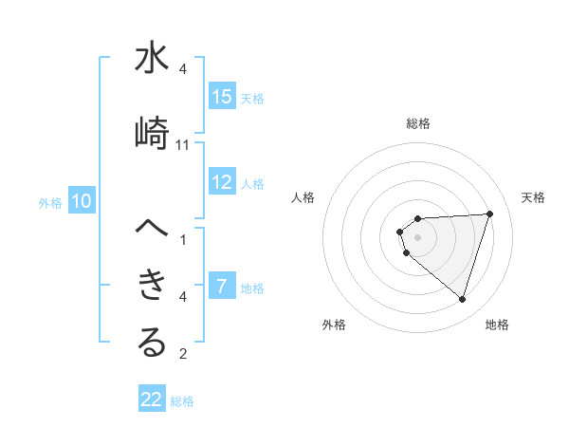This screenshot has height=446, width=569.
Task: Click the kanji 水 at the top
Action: (152, 60)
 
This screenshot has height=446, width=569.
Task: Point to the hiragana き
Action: (152, 284)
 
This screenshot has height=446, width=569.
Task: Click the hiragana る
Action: (152, 344)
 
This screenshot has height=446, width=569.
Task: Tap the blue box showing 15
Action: (222, 97)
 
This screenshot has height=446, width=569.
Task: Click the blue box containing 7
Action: (222, 287)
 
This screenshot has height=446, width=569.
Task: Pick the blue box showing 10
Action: (82, 201)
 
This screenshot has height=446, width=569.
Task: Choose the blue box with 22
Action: (152, 400)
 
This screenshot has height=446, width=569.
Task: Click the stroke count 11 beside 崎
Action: (183, 145)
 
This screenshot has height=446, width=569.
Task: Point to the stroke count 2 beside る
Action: (183, 355)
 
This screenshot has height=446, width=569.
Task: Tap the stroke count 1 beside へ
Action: (183, 240)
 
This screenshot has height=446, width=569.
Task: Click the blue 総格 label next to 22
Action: (182, 401)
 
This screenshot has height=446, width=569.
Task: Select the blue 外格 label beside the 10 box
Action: (50, 202)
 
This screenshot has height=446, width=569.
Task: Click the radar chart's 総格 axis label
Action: (417, 123)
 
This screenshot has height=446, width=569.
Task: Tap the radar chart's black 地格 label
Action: (497, 325)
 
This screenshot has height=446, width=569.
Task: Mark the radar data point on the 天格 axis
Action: (489, 214)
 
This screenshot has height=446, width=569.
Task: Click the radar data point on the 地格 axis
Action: (462, 299)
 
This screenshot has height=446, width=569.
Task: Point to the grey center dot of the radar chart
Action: (417, 236)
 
